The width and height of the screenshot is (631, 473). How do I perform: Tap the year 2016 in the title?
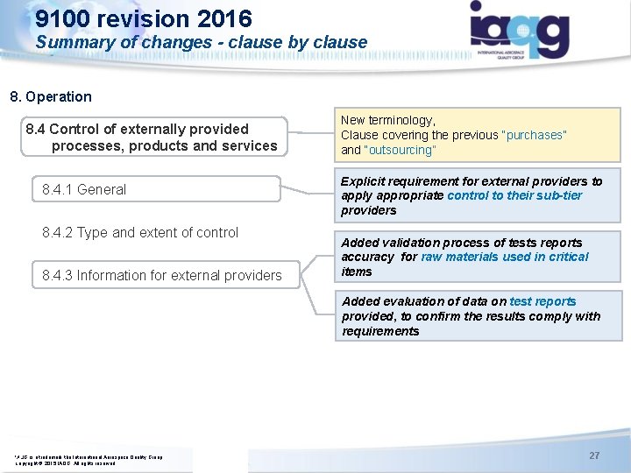tap(223, 18)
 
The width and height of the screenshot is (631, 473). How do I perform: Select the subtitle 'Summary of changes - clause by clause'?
tap(202, 42)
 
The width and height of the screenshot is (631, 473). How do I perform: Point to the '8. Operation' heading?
tap(51, 96)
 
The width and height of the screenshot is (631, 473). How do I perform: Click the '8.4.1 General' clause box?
tap(84, 189)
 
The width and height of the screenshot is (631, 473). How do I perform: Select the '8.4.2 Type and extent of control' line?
tap(140, 232)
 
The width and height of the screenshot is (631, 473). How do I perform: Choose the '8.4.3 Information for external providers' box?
tap(162, 275)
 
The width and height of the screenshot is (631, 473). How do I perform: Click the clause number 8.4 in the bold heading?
tap(36, 129)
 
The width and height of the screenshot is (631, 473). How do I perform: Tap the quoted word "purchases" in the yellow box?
tap(534, 135)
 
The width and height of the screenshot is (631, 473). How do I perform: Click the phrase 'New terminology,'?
tap(388, 120)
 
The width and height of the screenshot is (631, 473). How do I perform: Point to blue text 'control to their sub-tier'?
tap(514, 195)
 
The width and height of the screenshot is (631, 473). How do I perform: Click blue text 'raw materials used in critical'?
tap(505, 257)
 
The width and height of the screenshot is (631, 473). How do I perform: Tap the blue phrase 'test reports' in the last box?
tap(542, 301)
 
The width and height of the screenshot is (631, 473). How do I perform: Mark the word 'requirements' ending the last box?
tap(380, 331)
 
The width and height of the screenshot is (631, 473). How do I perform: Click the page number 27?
tap(594, 455)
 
